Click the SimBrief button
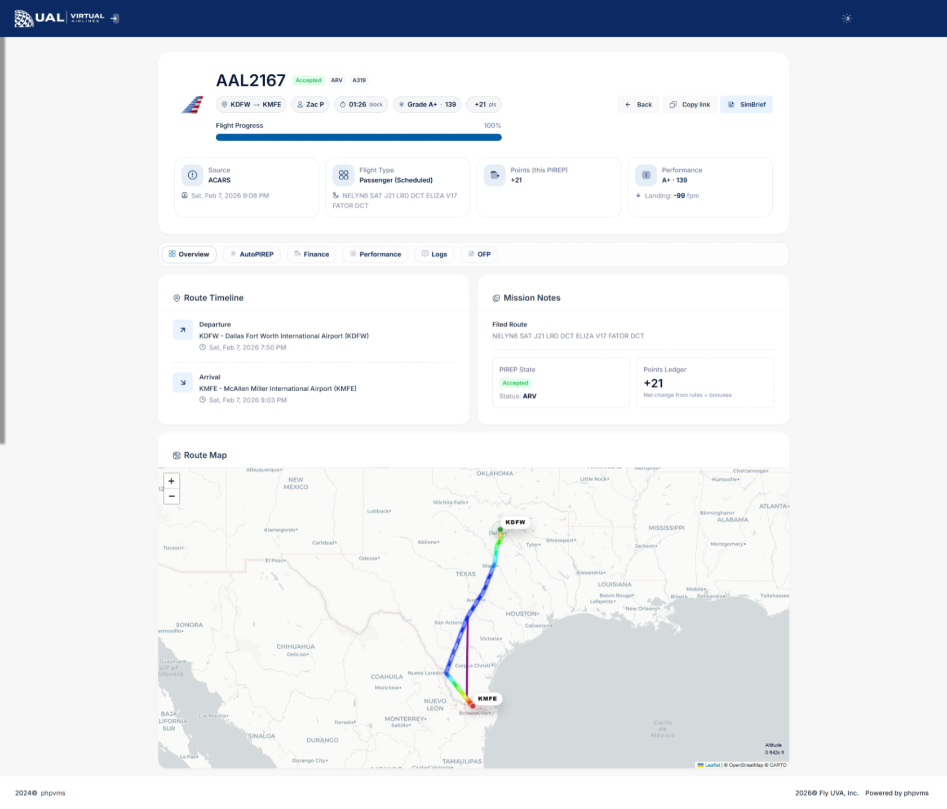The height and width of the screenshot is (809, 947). click(746, 104)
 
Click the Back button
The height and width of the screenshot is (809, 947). click(638, 104)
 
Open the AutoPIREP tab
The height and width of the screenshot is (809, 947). click(251, 254)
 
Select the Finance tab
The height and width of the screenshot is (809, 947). click(312, 254)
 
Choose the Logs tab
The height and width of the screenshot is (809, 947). click(434, 254)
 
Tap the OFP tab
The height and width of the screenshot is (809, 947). click(479, 254)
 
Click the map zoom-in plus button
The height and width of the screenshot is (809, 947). click(171, 481)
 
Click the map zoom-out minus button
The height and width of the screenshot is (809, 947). click(171, 496)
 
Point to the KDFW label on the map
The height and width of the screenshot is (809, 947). click(515, 522)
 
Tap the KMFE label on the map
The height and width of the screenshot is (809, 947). click(487, 699)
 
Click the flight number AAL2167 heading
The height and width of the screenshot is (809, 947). click(251, 81)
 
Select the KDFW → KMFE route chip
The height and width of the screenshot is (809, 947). click(251, 104)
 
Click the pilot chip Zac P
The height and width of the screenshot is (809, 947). click(310, 104)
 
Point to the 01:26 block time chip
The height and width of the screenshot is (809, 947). click(361, 104)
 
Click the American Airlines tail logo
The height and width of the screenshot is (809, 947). click(192, 105)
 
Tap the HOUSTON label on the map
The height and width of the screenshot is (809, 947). click(521, 613)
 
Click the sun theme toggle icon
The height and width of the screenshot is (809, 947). click(846, 19)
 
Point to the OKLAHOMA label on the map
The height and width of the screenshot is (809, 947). click(494, 474)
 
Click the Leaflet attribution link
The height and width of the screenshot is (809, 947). click(712, 765)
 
